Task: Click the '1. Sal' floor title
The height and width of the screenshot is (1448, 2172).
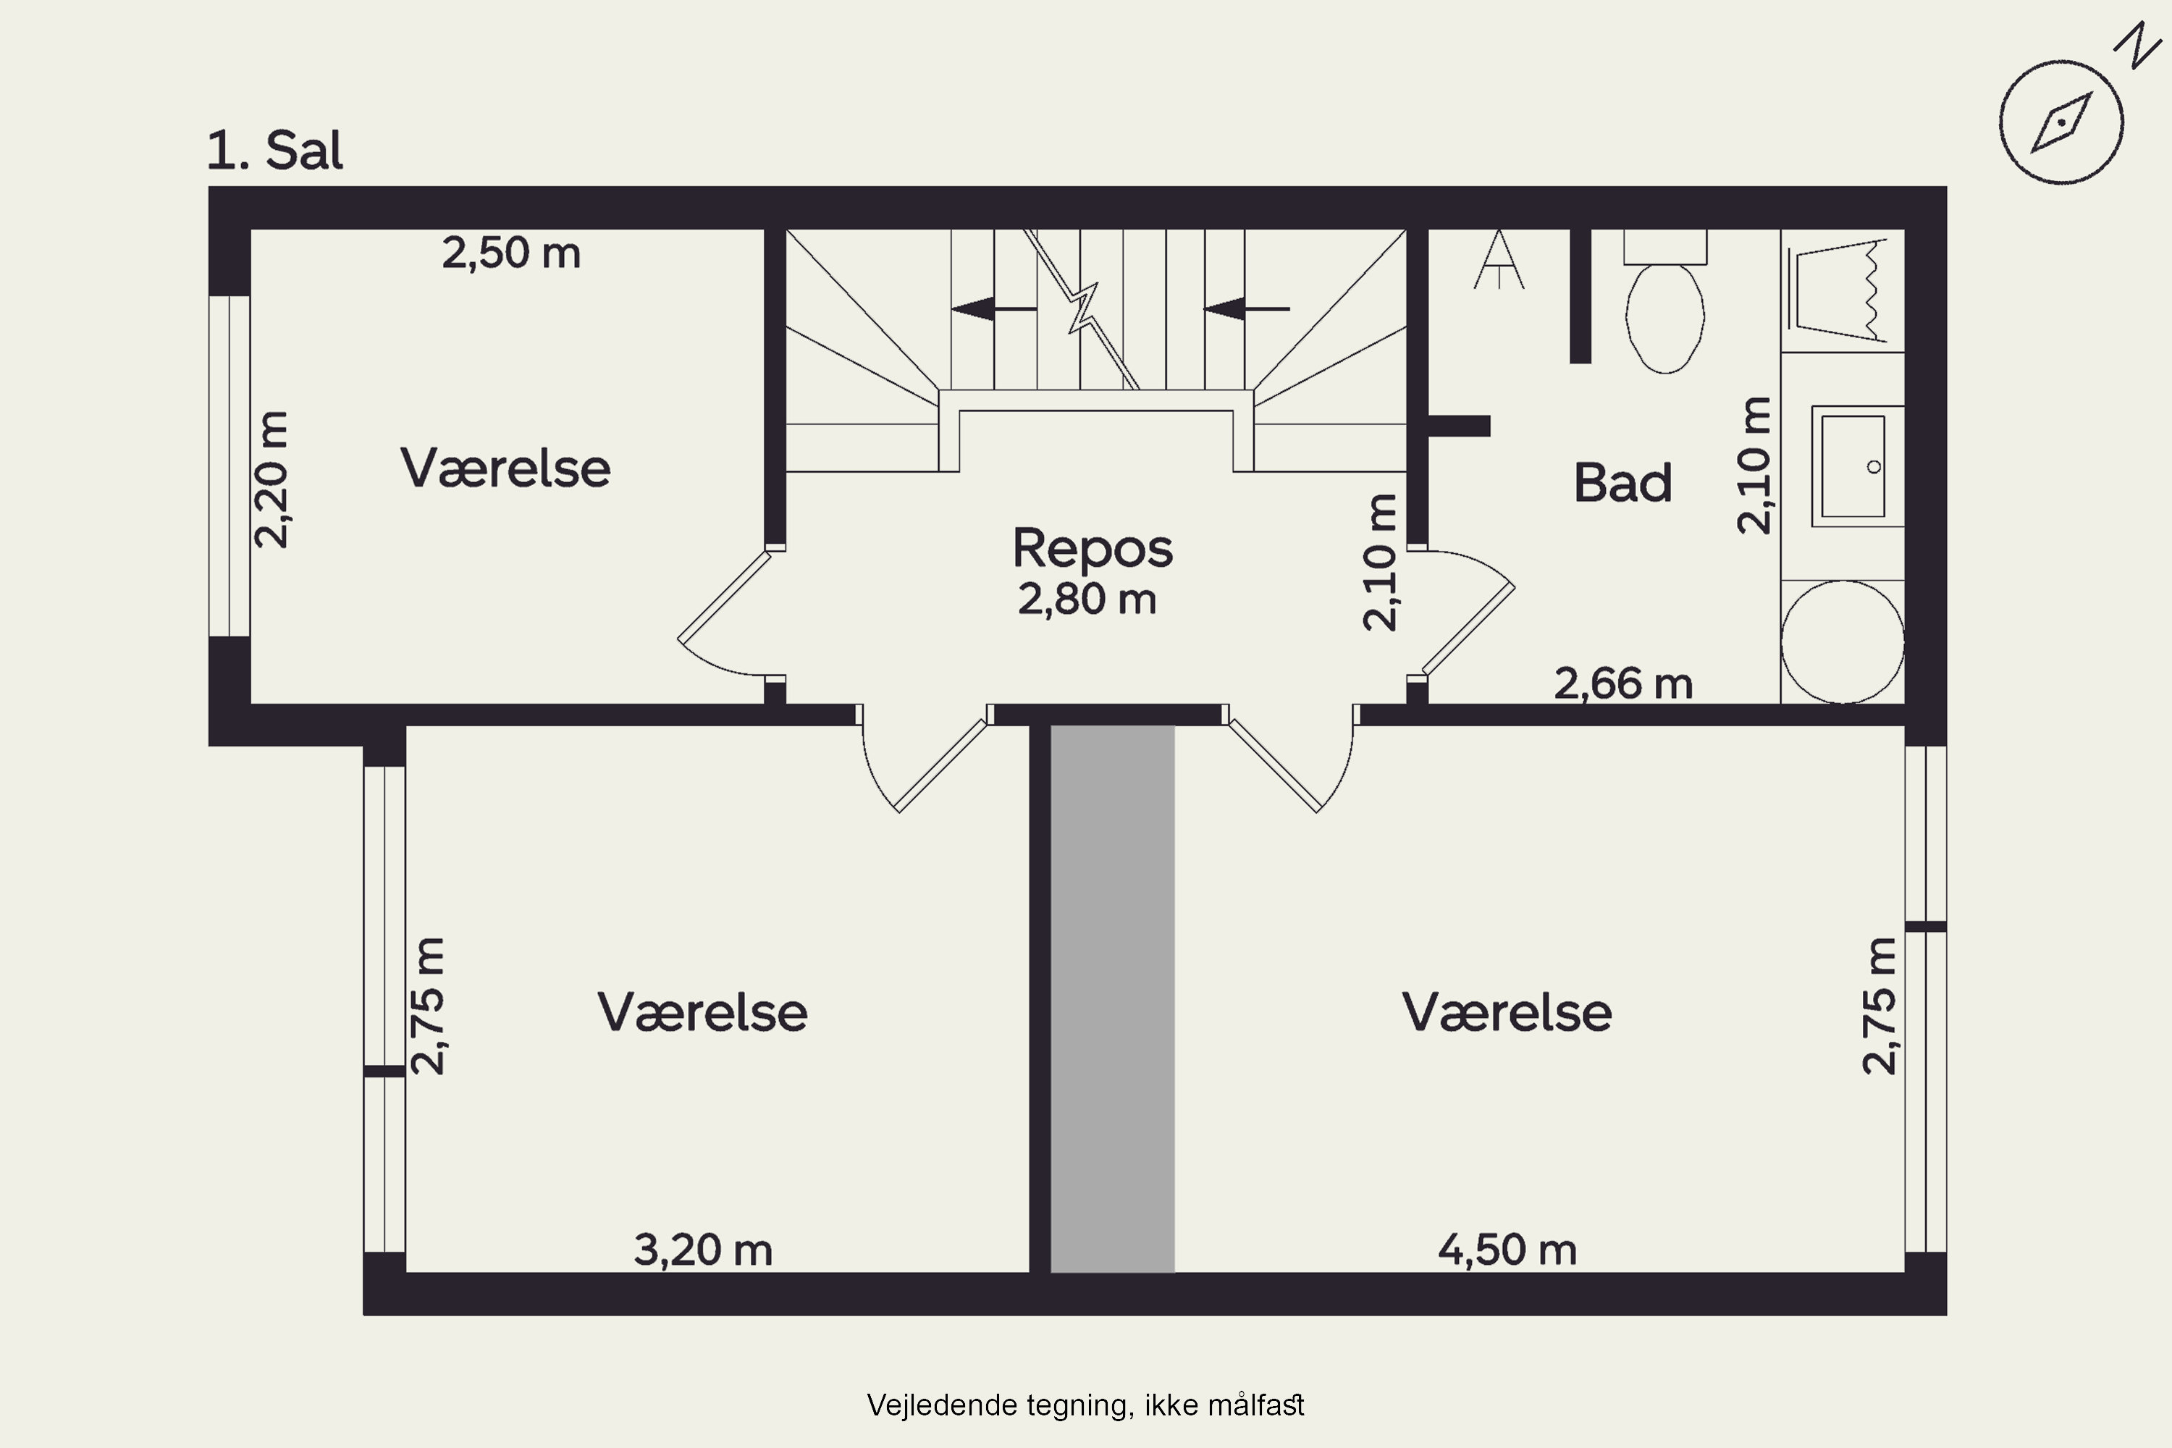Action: pyautogui.click(x=274, y=151)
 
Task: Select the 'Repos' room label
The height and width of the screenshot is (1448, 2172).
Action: pyautogui.click(x=1093, y=549)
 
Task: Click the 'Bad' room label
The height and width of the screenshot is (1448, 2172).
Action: pyautogui.click(x=1622, y=483)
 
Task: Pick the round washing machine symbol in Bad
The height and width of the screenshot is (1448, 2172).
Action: pyautogui.click(x=1843, y=641)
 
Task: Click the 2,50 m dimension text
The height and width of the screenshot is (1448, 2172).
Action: pyautogui.click(x=510, y=253)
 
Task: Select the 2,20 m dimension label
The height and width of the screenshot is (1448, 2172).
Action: pyautogui.click(x=271, y=480)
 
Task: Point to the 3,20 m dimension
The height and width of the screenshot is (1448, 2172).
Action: pyautogui.click(x=703, y=1250)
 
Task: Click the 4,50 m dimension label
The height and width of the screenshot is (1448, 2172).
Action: pyautogui.click(x=1507, y=1250)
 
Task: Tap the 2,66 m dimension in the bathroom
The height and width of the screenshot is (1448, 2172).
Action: pyautogui.click(x=1623, y=684)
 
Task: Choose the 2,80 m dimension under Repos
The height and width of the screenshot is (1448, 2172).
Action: pyautogui.click(x=1087, y=599)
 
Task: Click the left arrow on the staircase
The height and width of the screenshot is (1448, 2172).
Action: pyautogui.click(x=993, y=308)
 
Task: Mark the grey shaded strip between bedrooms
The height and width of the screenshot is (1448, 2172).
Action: pyautogui.click(x=1113, y=999)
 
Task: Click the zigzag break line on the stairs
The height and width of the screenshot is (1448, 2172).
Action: pyautogui.click(x=1082, y=309)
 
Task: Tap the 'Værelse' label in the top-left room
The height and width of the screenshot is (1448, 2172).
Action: pyautogui.click(x=505, y=468)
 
